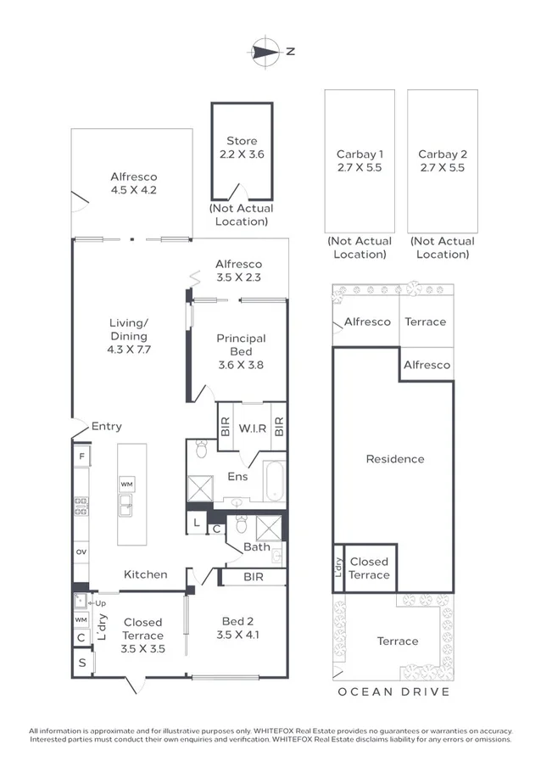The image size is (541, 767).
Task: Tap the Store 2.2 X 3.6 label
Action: (242, 148)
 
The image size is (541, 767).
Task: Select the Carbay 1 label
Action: (360, 160)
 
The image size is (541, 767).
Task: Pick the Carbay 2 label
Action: (442, 160)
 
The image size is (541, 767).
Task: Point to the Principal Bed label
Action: (241, 344)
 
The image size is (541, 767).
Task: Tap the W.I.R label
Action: (253, 428)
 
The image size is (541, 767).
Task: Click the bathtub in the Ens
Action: (276, 482)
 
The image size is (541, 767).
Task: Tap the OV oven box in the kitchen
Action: (81, 551)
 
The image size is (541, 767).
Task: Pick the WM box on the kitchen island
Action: (126, 484)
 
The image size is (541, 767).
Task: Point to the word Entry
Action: (107, 427)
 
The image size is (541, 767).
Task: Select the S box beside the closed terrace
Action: (81, 662)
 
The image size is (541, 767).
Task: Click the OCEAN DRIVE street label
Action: (393, 691)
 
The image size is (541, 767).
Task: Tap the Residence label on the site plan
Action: (394, 459)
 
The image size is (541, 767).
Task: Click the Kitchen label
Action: (146, 574)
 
